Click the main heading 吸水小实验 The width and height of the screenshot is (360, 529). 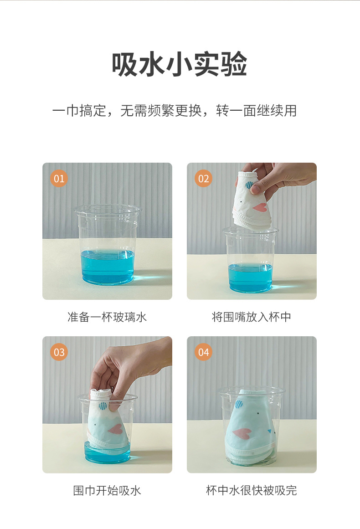click(180, 64)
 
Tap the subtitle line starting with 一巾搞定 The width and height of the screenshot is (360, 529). click(175, 111)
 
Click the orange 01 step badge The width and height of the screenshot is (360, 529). click(59, 179)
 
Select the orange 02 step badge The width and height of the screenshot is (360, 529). click(203, 179)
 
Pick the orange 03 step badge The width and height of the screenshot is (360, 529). click(59, 352)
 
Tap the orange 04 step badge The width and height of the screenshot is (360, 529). click(203, 352)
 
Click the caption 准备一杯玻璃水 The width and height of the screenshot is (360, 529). click(107, 317)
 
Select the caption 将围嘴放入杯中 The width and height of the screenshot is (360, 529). click(252, 317)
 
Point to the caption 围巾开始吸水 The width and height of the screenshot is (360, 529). click(107, 491)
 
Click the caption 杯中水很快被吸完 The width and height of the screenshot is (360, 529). click(252, 491)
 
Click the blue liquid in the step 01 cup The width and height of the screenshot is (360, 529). click(107, 267)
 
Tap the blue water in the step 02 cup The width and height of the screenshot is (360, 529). click(250, 277)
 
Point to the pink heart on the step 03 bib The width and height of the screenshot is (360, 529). click(115, 429)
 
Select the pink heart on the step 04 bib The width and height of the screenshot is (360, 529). click(242, 433)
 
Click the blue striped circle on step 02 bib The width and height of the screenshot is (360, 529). click(249, 185)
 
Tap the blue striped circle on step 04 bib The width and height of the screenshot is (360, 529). click(239, 404)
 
